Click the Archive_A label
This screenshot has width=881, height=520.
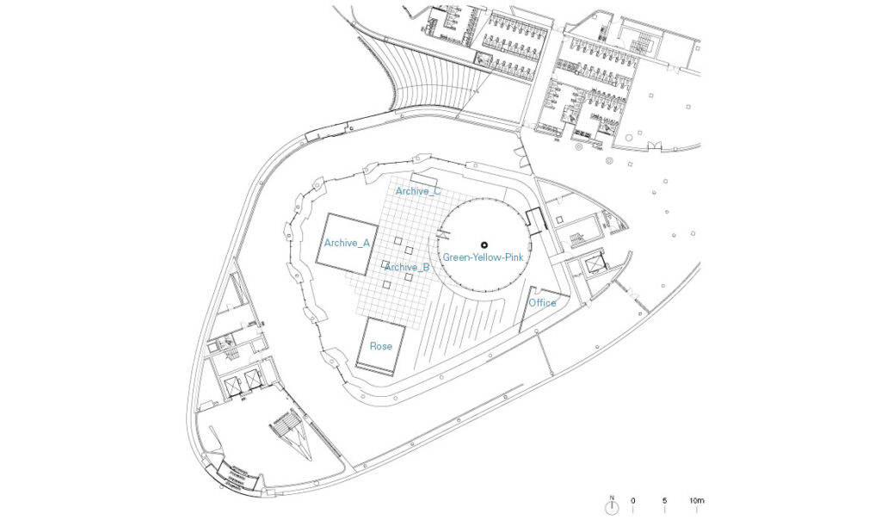pos(348,243)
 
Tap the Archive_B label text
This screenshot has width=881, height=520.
pos(407,267)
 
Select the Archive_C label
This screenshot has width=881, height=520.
pos(418,191)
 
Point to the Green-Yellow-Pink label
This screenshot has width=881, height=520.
pos(484,257)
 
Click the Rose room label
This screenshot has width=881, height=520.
pos(381,346)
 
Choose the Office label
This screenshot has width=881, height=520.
pos(542,303)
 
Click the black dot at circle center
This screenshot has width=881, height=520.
pos(484,245)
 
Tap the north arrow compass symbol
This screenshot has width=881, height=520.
pos(612,508)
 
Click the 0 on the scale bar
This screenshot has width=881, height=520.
pos(633,500)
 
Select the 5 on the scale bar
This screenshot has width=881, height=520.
pos(665,500)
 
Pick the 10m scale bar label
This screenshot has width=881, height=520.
pos(697,500)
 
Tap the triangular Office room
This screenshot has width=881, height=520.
pos(539,306)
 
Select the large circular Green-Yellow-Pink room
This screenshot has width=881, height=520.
pos(484,245)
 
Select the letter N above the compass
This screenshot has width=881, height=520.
pos(612,497)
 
